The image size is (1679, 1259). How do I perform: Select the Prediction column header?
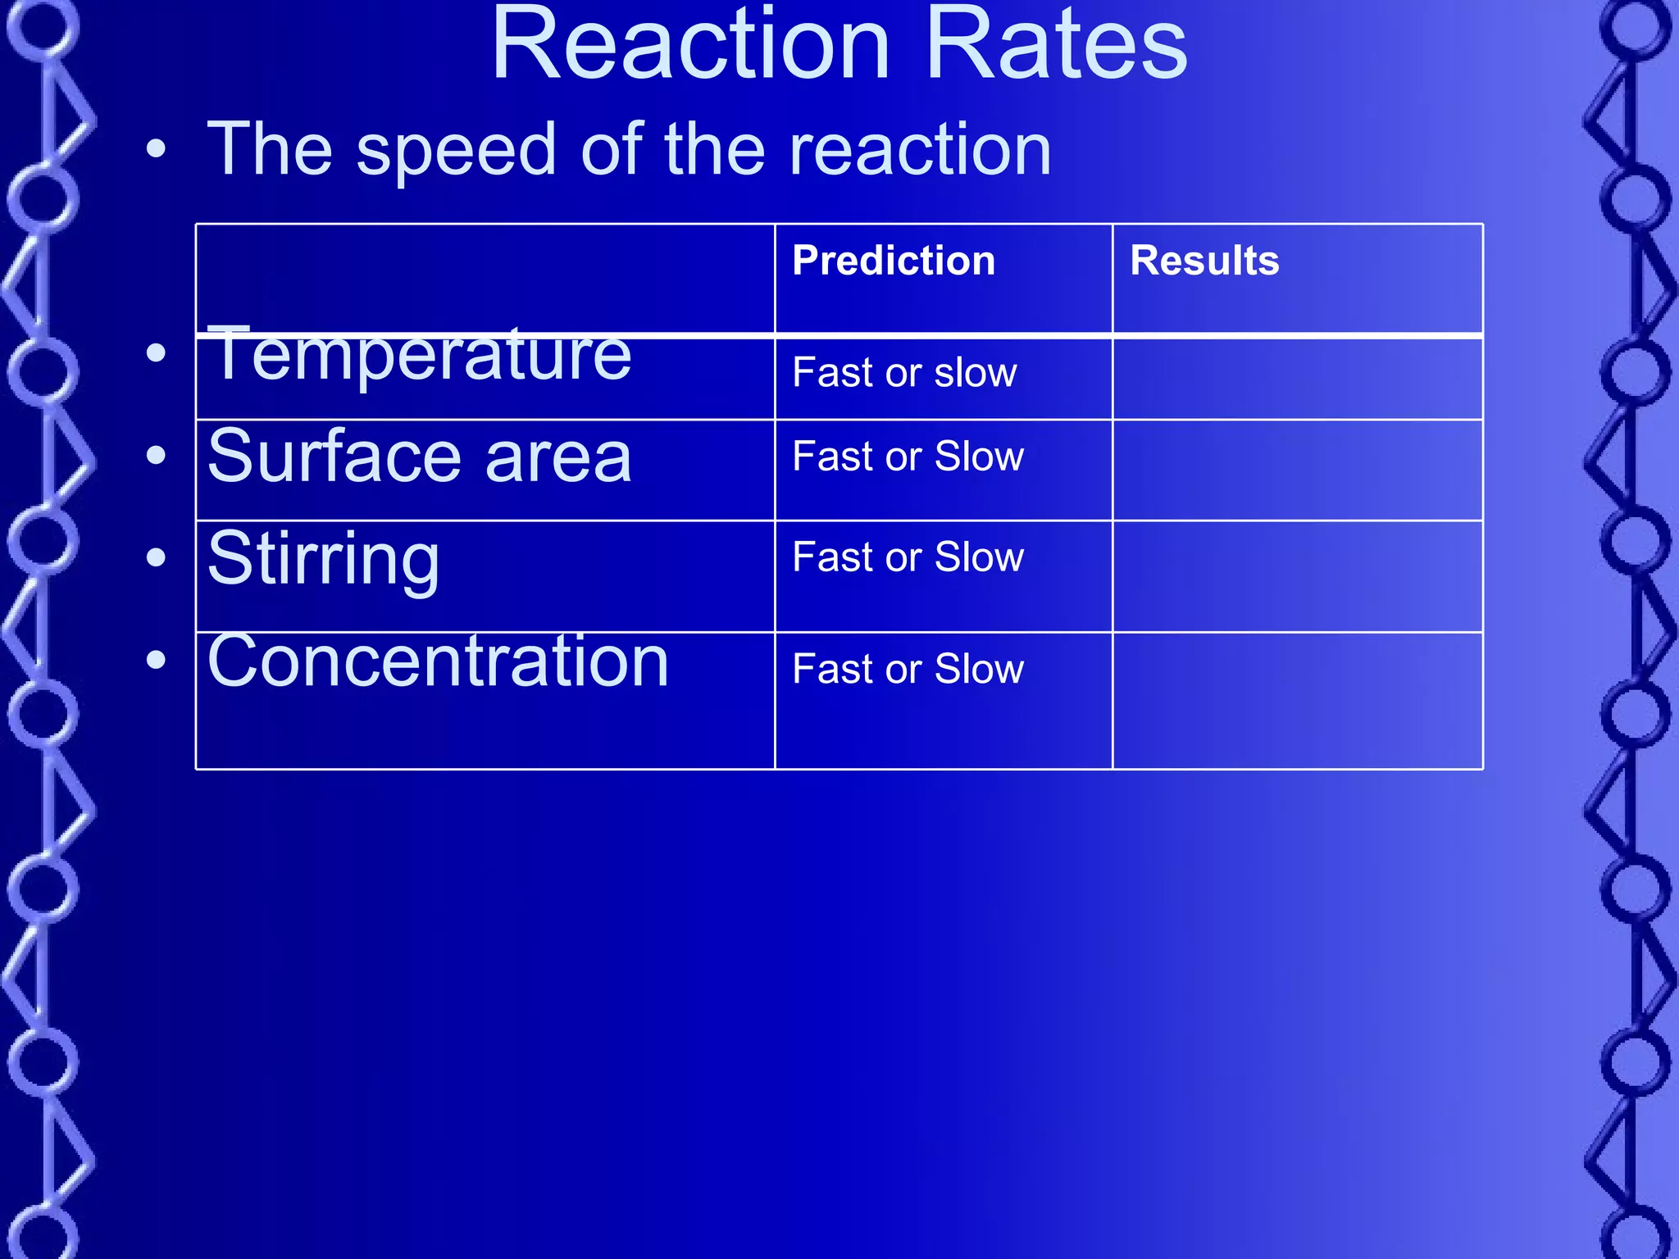point(894,261)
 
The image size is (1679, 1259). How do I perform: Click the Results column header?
point(1204,261)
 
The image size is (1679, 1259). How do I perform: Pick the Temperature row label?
point(420,356)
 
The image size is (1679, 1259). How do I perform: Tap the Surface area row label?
point(420,457)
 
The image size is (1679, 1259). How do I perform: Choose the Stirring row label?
point(324,559)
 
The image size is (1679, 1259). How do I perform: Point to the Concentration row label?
point(438,661)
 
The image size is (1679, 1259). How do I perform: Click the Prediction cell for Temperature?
point(904,373)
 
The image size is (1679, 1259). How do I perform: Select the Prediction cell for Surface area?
point(908,457)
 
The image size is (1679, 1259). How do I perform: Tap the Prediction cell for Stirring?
point(908,557)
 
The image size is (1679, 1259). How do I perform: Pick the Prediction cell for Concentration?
point(908,669)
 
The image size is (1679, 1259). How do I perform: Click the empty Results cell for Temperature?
point(1297,379)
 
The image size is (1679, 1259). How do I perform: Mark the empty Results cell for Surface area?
point(1297,470)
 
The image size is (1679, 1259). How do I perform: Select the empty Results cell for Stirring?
point(1297,576)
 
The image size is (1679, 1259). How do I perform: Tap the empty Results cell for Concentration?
point(1297,701)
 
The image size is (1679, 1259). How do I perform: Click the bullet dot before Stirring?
point(156,558)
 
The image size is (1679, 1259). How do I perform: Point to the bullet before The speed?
point(156,149)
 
